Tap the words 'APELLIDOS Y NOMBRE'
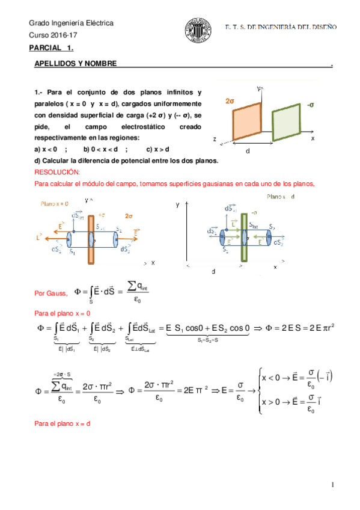pyautogui.click(x=75, y=64)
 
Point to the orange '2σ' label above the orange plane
pyautogui.click(x=230, y=102)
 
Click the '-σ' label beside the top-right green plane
pyautogui.click(x=310, y=105)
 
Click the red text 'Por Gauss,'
pyautogui.click(x=51, y=293)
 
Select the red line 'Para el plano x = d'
pyautogui.click(x=62, y=425)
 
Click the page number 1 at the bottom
pyautogui.click(x=331, y=485)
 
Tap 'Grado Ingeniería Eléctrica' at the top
pyautogui.click(x=71, y=23)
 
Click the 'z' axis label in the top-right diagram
pyautogui.click(x=215, y=139)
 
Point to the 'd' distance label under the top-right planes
pyautogui.click(x=248, y=151)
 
